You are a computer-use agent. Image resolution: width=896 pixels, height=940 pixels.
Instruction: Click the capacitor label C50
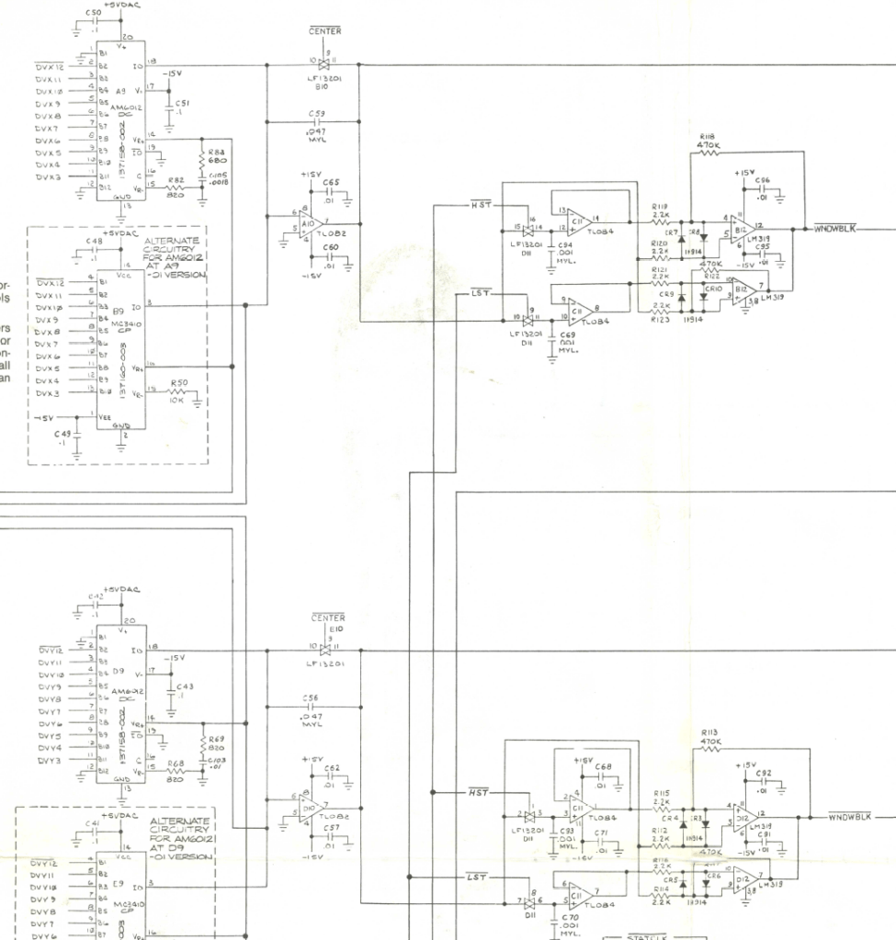tap(93, 11)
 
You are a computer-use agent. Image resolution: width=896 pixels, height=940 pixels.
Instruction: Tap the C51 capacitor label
tap(181, 103)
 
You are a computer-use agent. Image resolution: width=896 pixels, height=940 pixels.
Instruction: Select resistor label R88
tap(217, 151)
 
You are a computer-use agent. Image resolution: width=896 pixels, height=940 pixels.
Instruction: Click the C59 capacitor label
tap(321, 112)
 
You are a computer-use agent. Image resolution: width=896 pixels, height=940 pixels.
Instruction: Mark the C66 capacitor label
tap(764, 180)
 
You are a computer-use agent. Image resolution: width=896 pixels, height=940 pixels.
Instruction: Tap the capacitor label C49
tap(62, 433)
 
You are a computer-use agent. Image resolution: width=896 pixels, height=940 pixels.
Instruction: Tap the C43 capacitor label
tap(185, 687)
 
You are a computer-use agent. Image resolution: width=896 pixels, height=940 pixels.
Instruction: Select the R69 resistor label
tap(217, 739)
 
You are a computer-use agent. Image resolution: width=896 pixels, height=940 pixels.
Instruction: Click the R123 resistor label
tap(660, 320)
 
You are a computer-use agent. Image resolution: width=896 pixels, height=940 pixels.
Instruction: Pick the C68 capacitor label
tap(603, 766)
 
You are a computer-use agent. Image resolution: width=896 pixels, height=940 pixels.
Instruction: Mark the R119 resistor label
tap(660, 208)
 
